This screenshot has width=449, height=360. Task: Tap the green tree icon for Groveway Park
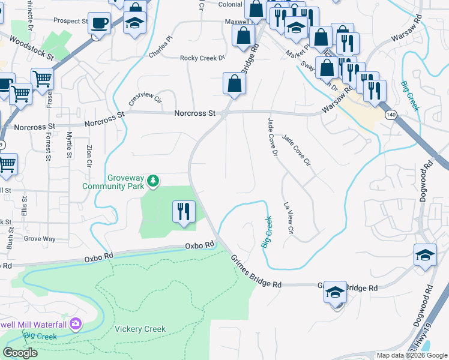pos(154,180)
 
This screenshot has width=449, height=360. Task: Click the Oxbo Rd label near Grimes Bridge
pos(200,245)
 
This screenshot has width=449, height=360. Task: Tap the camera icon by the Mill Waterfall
pos(75,325)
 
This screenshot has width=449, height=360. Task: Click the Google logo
pos(20,353)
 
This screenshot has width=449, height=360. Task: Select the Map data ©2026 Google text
pos(411,355)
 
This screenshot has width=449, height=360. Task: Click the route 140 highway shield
pos(391,115)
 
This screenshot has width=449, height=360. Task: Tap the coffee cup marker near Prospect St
pos(100,23)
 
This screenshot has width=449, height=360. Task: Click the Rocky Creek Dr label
pos(202,58)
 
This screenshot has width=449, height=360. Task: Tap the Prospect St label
pos(70,20)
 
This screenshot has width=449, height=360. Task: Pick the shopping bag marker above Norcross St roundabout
pos(234,84)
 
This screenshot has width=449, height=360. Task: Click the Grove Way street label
pos(40,239)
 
